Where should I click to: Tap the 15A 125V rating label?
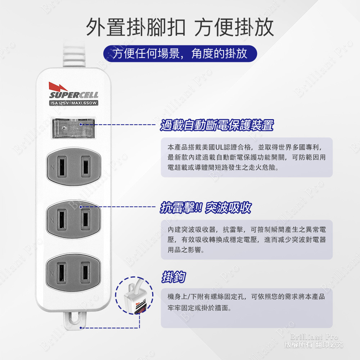pos(73,104)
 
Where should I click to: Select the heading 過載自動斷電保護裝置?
pos(217,126)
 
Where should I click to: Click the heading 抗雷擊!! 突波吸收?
pos(206,208)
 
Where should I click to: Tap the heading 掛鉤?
pos(174,278)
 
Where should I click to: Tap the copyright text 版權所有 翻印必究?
pos(314,345)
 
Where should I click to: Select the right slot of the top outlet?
pos(85,166)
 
